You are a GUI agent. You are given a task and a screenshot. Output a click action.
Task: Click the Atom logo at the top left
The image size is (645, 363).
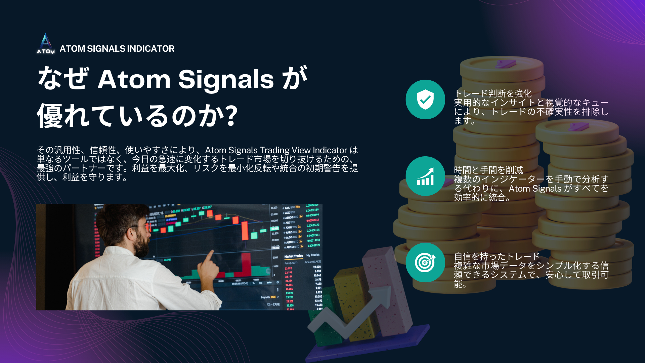click(46, 44)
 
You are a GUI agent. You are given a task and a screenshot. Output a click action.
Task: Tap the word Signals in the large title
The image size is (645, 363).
click(226, 80)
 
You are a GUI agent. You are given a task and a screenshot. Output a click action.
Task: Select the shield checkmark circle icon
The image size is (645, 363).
click(425, 99)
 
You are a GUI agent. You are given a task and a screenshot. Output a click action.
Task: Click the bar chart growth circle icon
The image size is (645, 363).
click(425, 176)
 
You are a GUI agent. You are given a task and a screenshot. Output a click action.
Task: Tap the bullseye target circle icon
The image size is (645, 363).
click(425, 262)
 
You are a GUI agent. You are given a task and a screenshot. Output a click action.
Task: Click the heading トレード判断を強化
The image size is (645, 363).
click(493, 93)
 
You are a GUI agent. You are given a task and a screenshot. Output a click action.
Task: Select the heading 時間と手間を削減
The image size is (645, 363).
click(488, 170)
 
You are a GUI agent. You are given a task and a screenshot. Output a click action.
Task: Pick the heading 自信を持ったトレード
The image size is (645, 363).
click(497, 256)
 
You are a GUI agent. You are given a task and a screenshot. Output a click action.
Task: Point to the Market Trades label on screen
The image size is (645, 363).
click(293, 256)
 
